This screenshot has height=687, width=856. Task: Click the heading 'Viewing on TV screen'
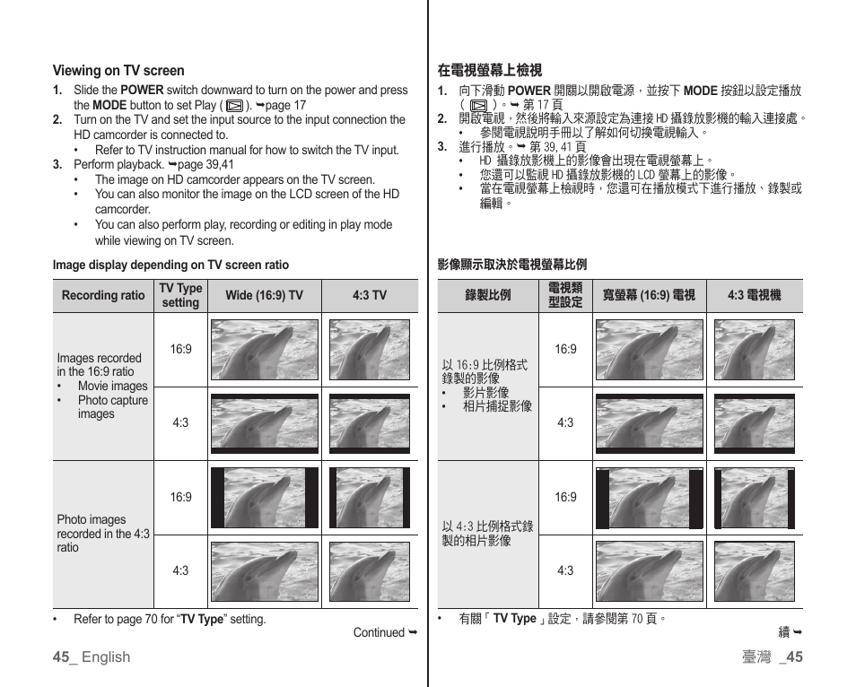click(x=118, y=71)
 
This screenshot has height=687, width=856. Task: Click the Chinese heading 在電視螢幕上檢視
click(x=490, y=70)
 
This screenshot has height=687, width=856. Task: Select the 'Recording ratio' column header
click(x=103, y=296)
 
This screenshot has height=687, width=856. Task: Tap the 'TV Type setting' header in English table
click(x=180, y=295)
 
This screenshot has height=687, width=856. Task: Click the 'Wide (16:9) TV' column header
click(x=264, y=296)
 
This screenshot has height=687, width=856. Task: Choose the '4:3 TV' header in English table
click(x=369, y=296)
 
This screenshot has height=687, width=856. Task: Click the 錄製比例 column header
click(x=488, y=296)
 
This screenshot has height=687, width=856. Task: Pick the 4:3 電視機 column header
click(x=754, y=296)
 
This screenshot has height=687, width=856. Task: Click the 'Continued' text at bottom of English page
click(x=379, y=632)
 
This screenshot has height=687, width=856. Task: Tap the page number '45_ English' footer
click(x=91, y=657)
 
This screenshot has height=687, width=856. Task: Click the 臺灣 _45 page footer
click(x=772, y=657)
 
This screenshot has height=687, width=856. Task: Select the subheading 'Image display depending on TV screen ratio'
click(x=170, y=265)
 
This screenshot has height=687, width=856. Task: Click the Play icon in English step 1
click(x=234, y=105)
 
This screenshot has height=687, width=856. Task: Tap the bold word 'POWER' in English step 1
click(x=142, y=90)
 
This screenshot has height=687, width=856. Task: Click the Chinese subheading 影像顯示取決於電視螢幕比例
click(x=511, y=265)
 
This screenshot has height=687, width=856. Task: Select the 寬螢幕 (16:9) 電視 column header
click(x=648, y=296)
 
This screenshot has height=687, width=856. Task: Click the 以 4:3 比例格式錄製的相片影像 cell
click(x=487, y=534)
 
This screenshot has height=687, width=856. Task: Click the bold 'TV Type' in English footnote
click(x=201, y=619)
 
